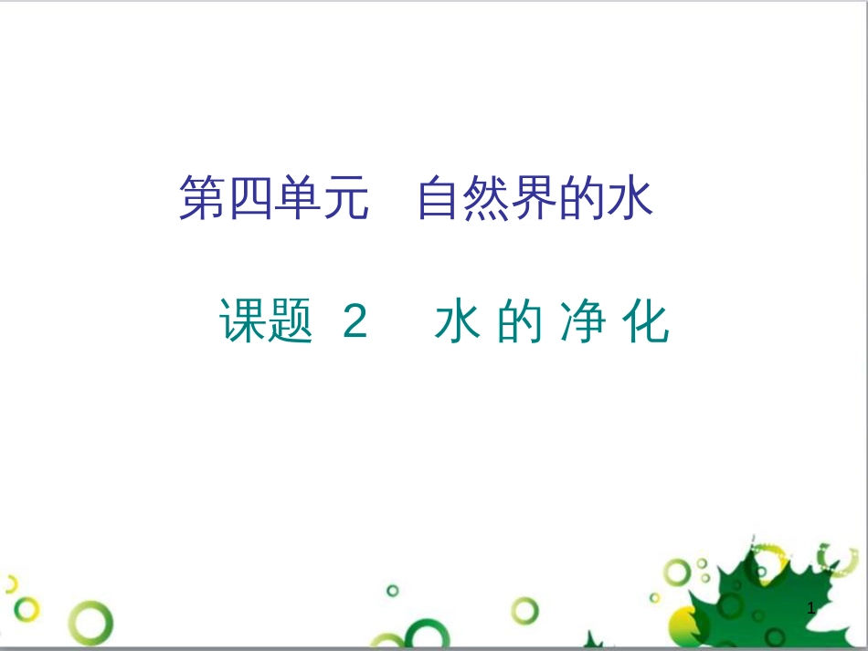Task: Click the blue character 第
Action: [203, 199]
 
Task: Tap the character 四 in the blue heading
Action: [251, 199]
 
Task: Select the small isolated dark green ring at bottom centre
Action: [393, 591]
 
